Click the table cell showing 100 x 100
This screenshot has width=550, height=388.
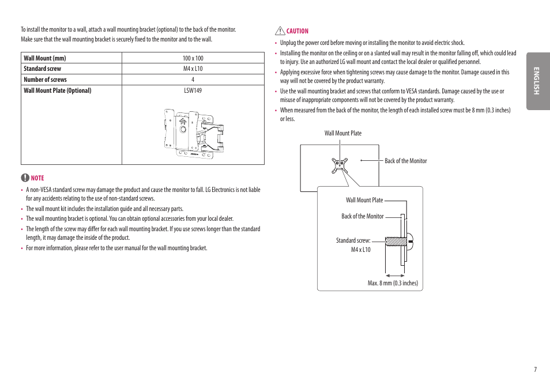click(x=193, y=58)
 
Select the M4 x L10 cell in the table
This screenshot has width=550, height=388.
click(x=193, y=69)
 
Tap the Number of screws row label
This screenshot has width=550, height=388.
click(x=45, y=80)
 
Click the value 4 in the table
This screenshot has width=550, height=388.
click(x=193, y=80)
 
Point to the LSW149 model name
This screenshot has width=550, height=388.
click(x=193, y=91)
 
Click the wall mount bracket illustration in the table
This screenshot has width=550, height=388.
click(x=193, y=133)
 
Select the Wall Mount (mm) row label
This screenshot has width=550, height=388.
click(x=45, y=58)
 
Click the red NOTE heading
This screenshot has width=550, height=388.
click(x=37, y=178)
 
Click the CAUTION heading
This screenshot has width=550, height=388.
click(x=297, y=31)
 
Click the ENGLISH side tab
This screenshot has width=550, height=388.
click(x=537, y=81)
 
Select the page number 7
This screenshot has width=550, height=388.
click(x=535, y=370)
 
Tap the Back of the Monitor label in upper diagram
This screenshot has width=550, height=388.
click(x=406, y=161)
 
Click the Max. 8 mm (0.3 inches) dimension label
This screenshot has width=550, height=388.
click(x=393, y=283)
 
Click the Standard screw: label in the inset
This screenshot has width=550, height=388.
click(x=353, y=240)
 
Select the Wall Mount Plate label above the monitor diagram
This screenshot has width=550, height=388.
click(x=343, y=133)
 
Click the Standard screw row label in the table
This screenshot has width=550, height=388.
click(x=42, y=69)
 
